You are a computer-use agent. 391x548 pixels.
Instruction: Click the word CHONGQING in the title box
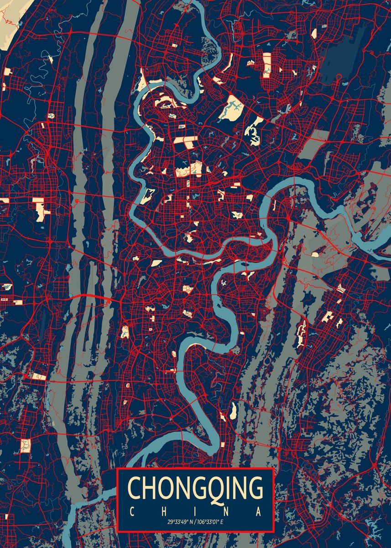(x=196, y=489)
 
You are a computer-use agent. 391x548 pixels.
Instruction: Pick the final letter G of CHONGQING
(x=255, y=489)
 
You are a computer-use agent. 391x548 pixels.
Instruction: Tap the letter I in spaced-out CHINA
(x=196, y=511)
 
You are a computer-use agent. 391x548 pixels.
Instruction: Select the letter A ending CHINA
(x=259, y=511)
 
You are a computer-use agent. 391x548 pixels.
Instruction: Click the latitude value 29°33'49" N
(x=181, y=522)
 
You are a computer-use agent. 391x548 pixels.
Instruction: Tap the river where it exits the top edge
(x=194, y=4)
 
